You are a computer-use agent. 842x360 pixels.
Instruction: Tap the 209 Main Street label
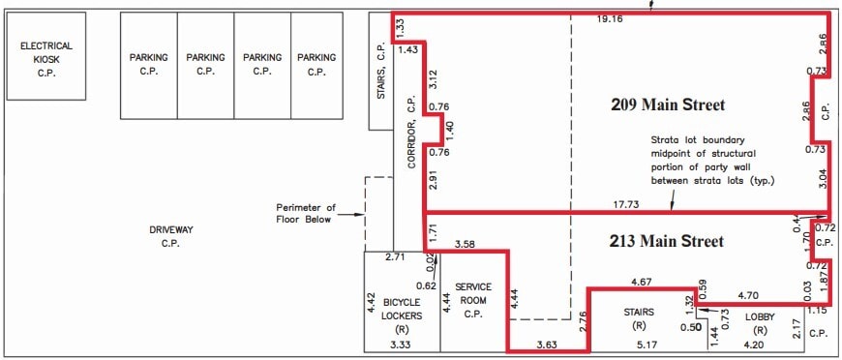click(x=668, y=105)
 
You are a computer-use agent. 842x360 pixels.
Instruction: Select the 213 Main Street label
click(x=668, y=240)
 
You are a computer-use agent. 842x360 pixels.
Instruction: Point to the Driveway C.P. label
click(x=171, y=236)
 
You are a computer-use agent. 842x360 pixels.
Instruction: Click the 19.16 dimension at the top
click(x=611, y=18)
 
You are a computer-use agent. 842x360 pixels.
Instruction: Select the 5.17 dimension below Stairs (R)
click(x=645, y=344)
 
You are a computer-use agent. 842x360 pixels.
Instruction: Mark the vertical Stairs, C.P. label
click(x=381, y=75)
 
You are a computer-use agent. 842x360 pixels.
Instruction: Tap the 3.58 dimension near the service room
click(x=466, y=244)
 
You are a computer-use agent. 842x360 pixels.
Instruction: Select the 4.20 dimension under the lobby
click(x=754, y=344)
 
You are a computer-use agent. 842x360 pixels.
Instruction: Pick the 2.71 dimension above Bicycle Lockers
click(x=394, y=257)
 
